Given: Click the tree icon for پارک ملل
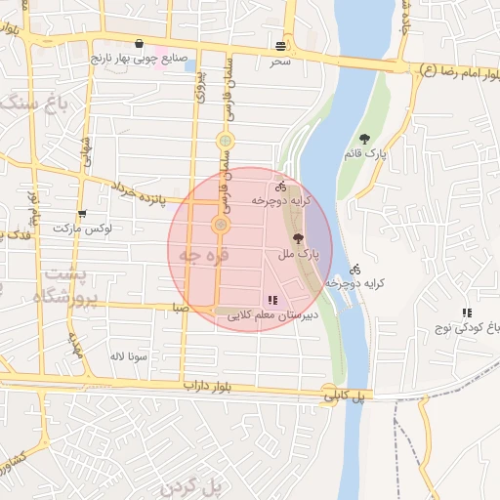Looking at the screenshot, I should [298, 238].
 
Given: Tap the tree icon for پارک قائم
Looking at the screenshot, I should [365, 139].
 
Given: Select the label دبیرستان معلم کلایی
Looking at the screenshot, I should [269, 316].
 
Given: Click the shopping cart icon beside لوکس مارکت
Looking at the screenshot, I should [81, 214].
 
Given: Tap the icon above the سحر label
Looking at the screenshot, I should [281, 46].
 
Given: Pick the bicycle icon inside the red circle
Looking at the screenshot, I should [280, 185].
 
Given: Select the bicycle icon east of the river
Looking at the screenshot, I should [354, 269].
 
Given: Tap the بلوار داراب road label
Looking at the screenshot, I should [211, 387].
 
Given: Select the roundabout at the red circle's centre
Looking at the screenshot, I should [221, 227].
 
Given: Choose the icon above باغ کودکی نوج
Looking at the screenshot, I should [467, 312].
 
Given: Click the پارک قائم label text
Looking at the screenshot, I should [365, 154].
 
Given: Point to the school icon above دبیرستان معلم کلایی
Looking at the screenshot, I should [271, 301].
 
